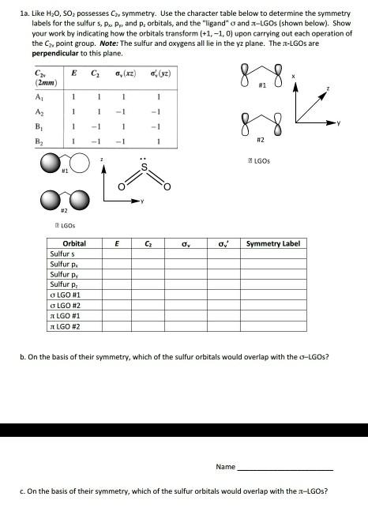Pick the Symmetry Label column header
pyautogui.click(x=273, y=244)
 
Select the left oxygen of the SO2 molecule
pyautogui.click(x=121, y=186)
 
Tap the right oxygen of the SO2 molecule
pyautogui.click(x=166, y=186)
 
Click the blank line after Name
pyautogui.click(x=285, y=468)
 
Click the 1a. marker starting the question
pyautogui.click(x=13, y=9)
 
